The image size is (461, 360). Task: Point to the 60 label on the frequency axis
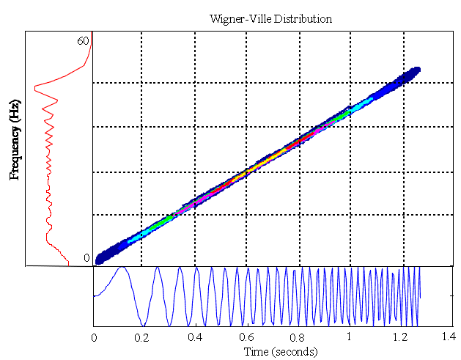(83, 41)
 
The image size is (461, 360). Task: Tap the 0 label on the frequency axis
(86, 258)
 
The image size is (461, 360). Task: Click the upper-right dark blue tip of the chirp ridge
(415, 71)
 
